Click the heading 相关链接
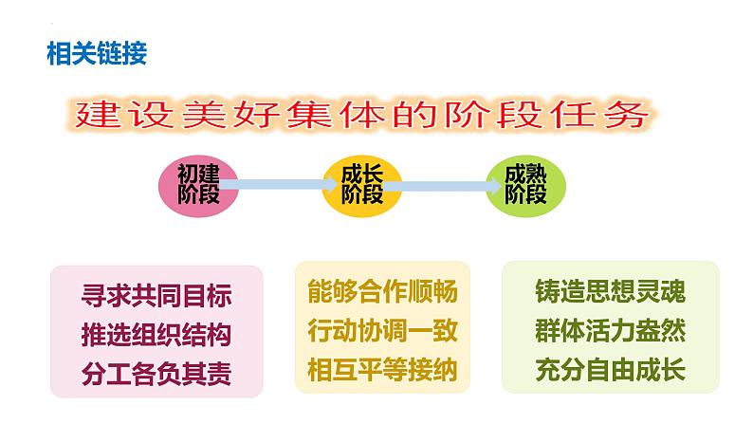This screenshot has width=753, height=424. pyautogui.click(x=97, y=54)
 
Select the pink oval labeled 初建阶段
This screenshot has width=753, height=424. pyautogui.click(x=197, y=184)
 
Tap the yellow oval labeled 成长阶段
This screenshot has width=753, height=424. pyautogui.click(x=361, y=184)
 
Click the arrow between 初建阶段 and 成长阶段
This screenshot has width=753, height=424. pyautogui.click(x=277, y=185)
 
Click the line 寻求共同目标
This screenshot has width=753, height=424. pyautogui.click(x=156, y=296)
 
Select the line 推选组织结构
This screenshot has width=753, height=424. pyautogui.click(x=156, y=334)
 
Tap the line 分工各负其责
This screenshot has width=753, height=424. pyautogui.click(x=156, y=371)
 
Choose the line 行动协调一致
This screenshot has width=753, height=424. pyautogui.click(x=382, y=331)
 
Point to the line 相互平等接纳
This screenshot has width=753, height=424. pyautogui.click(x=382, y=369)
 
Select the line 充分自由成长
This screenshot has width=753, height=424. pyautogui.click(x=610, y=370)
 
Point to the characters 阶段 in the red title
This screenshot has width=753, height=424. pyautogui.click(x=487, y=117)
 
